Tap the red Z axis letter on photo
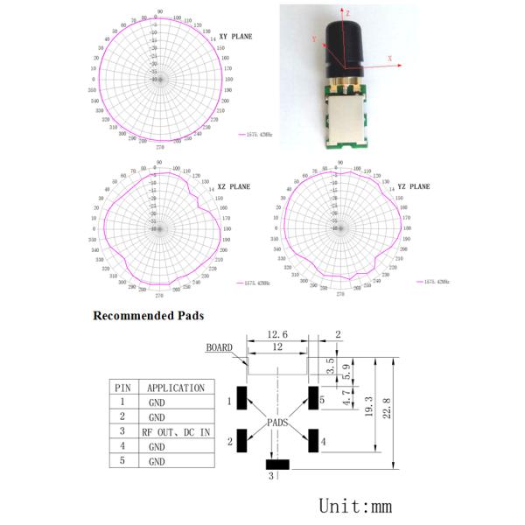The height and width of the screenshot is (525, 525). [348, 15]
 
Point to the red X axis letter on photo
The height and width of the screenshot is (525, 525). [388, 59]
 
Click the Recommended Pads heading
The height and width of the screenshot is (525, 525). [149, 315]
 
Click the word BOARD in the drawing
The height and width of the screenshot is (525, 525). [219, 347]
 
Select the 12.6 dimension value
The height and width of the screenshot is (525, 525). [278, 334]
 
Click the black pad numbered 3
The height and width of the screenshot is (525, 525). [278, 465]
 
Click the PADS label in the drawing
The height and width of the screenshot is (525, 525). [278, 423]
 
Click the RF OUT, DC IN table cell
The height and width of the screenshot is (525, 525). [175, 432]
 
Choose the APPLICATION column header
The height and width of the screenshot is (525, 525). [175, 388]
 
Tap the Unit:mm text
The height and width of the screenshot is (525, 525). [354, 506]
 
